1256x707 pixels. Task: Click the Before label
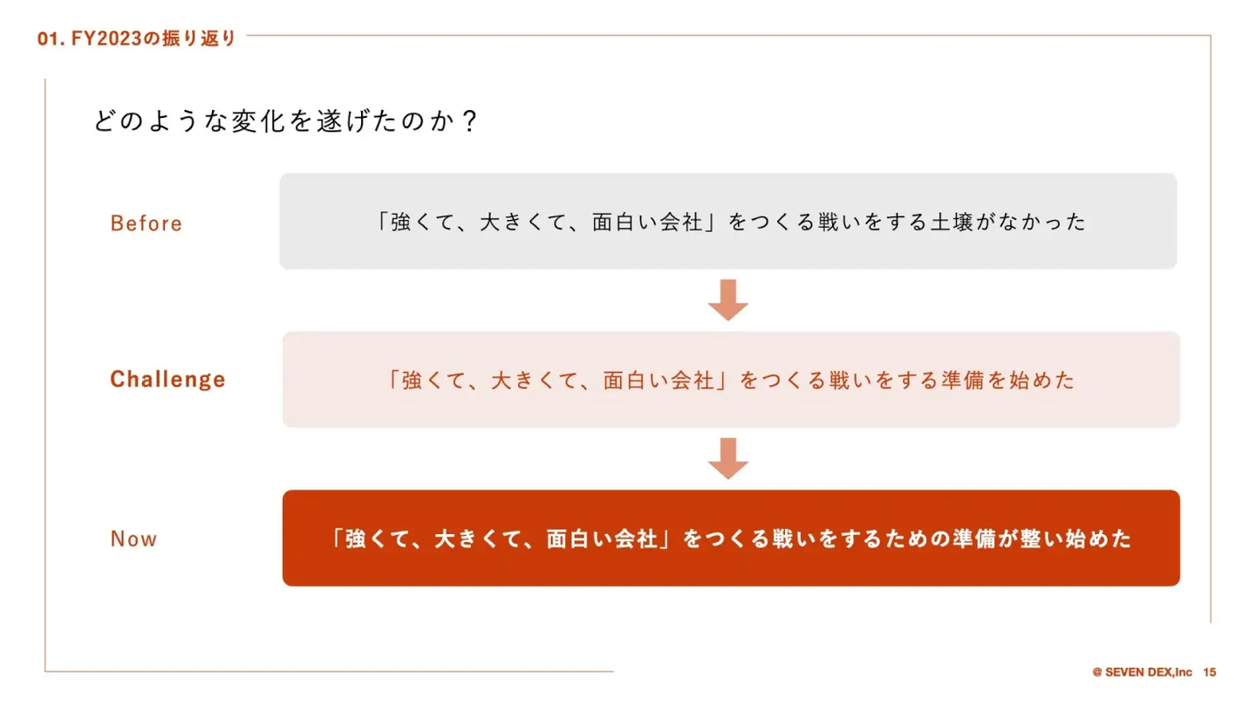tap(146, 223)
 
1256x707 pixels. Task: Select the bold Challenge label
tap(167, 380)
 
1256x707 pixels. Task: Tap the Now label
tap(133, 539)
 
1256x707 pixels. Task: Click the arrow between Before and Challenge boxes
tap(727, 299)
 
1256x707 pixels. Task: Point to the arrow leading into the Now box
tap(727, 458)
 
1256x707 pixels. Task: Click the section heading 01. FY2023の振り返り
tap(138, 39)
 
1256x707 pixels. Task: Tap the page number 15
tap(1209, 672)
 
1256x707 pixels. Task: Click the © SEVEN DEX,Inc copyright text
tap(1142, 672)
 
